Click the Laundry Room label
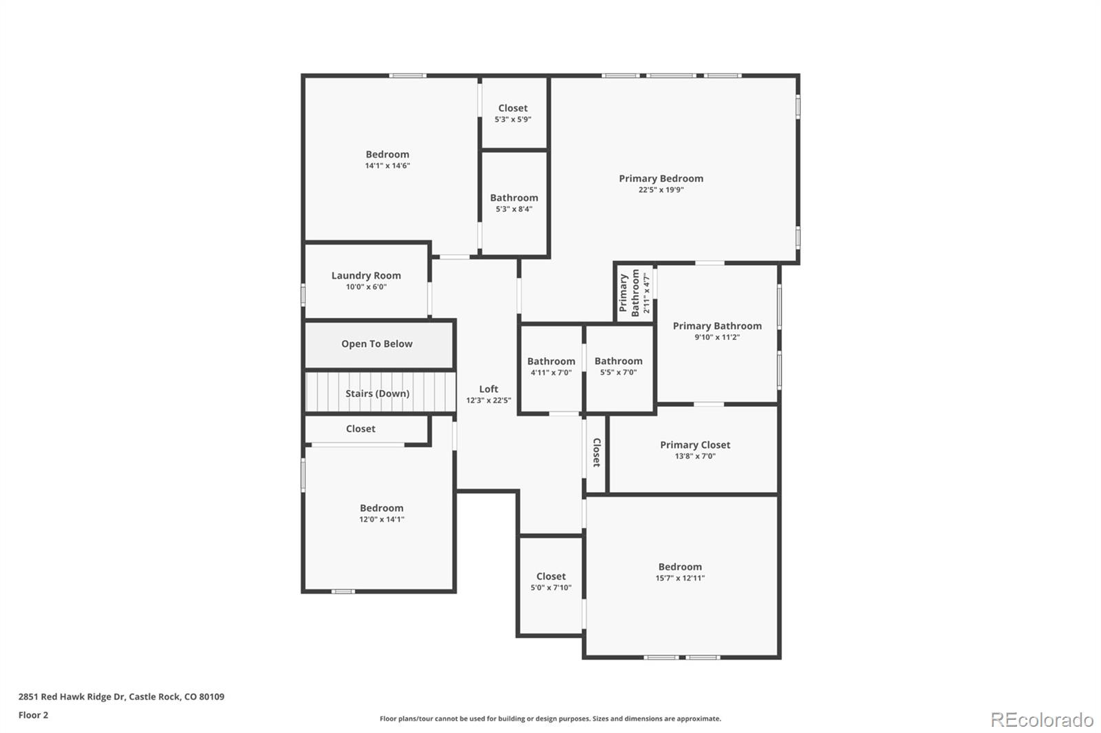[x=365, y=275]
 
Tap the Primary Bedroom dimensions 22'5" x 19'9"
[x=661, y=190]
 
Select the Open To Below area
[x=377, y=344]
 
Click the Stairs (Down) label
[x=377, y=394]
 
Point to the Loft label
[x=489, y=389]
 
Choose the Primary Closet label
[x=695, y=445]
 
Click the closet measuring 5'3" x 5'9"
[x=513, y=113]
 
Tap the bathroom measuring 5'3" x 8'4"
[x=514, y=203]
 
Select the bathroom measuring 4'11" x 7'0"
[x=550, y=366]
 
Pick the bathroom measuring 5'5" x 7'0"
[x=618, y=366]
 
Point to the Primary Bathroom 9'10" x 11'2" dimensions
[x=717, y=337]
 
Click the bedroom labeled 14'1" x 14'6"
[x=387, y=160]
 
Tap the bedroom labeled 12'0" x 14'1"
[x=381, y=513]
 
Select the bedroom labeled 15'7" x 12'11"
[x=680, y=572]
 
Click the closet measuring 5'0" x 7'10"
[x=550, y=582]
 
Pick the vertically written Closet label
[x=597, y=452]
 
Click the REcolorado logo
[x=1042, y=720]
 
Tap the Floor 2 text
[x=33, y=715]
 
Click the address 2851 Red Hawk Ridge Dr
[x=72, y=697]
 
